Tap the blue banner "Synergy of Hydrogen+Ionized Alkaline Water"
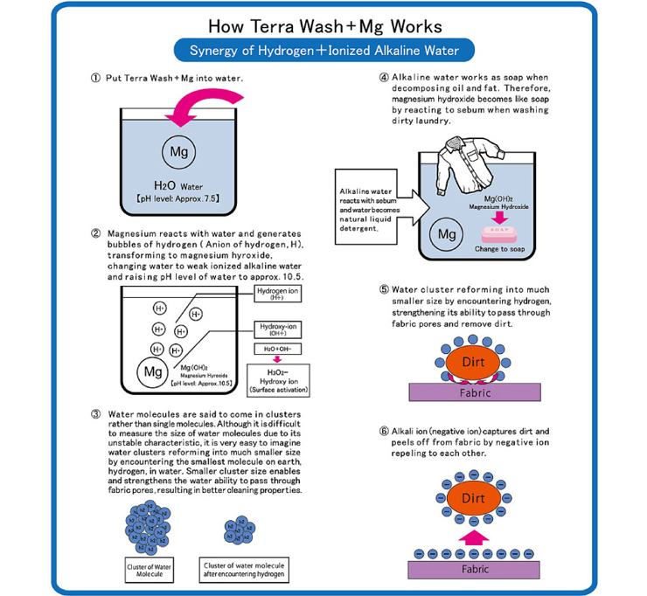323,50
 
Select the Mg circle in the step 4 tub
448,234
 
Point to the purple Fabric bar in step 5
472,393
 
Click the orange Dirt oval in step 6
472,498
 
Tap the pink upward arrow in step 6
472,537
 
